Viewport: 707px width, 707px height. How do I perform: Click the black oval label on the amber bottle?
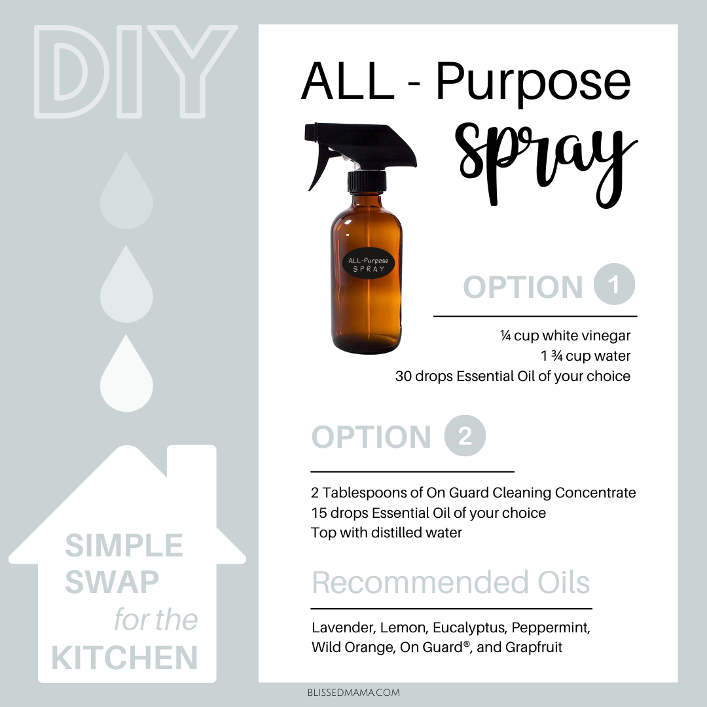[369, 264]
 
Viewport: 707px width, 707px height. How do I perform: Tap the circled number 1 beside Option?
[614, 284]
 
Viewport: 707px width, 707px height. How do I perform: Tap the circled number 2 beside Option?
[465, 435]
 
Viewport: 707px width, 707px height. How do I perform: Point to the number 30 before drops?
[403, 376]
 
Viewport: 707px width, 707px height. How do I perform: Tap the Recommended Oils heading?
[451, 583]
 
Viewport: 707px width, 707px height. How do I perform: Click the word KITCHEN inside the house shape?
[125, 658]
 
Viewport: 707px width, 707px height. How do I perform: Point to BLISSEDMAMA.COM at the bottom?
[353, 693]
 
